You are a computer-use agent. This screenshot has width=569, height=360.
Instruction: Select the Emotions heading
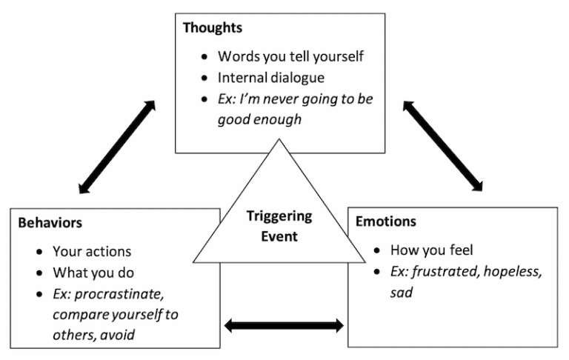(386, 221)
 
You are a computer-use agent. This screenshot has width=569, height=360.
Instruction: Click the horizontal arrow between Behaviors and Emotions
(284, 324)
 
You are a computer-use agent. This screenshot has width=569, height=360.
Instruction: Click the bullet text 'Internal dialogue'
(270, 77)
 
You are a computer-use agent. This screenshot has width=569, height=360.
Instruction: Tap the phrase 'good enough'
(259, 119)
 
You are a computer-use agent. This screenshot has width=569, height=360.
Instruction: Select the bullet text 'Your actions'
(92, 251)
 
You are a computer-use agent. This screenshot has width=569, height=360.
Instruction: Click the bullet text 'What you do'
(92, 272)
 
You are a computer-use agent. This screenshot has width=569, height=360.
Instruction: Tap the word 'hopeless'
(513, 272)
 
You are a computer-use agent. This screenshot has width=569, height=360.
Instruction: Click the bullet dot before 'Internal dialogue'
(204, 78)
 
